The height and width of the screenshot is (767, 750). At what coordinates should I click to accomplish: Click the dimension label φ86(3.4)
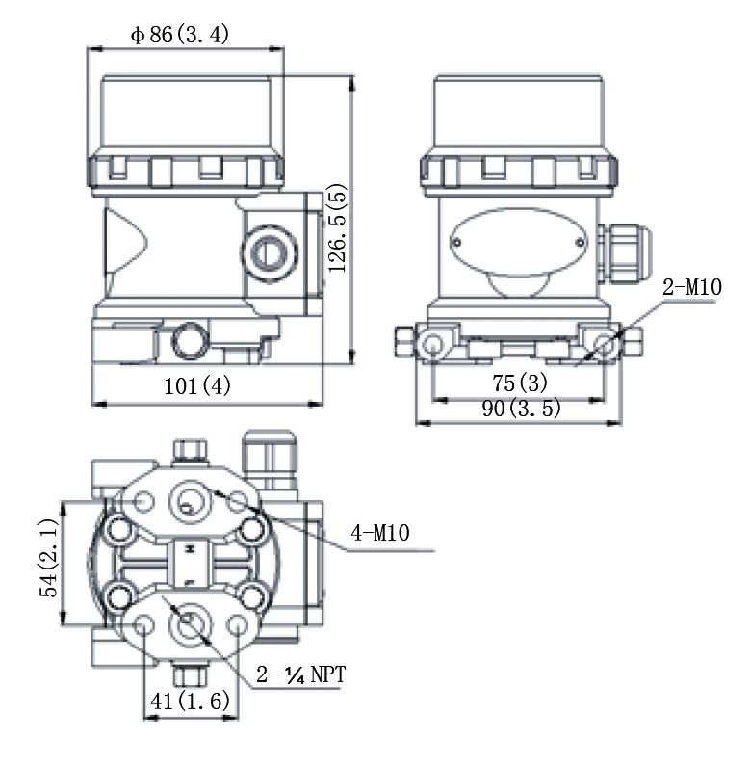tap(180, 35)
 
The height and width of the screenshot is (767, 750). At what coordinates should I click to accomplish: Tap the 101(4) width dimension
tap(198, 386)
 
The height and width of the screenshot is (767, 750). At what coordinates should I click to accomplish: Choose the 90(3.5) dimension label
tap(521, 409)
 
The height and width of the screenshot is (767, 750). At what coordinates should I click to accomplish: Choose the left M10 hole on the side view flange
tap(434, 345)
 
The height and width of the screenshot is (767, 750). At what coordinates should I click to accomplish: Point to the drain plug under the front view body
tap(190, 341)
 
